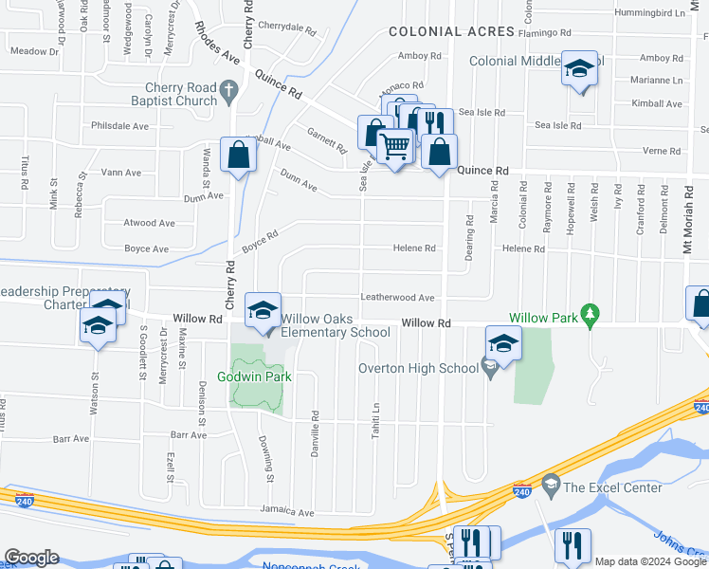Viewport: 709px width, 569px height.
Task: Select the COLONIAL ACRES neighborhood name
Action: [x=451, y=31]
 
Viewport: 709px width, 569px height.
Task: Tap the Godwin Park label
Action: [x=256, y=376]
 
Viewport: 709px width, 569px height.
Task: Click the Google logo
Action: [x=32, y=558]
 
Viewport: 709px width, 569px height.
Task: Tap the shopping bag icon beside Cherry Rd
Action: [x=238, y=155]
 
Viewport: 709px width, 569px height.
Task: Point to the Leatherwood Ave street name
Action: [x=396, y=298]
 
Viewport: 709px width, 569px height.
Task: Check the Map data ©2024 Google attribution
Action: [x=649, y=561]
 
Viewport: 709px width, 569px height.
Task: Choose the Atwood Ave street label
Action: [x=149, y=224]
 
